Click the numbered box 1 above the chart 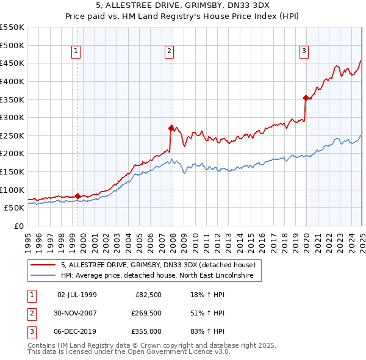point(76,52)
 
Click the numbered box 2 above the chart point(169,52)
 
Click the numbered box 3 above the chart point(304,52)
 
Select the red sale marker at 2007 point(171,128)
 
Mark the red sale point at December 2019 point(306,97)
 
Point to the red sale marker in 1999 point(78,196)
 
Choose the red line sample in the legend point(43,265)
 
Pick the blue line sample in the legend point(43,276)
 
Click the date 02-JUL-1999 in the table point(77,294)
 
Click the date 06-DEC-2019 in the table point(77,332)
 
